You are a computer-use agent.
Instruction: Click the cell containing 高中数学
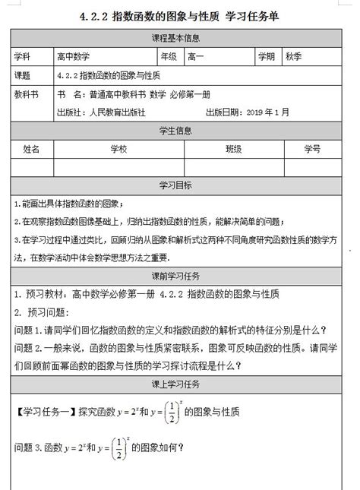click(x=72, y=57)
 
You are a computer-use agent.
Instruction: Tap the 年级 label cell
click(x=168, y=57)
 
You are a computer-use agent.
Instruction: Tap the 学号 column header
click(x=311, y=148)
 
